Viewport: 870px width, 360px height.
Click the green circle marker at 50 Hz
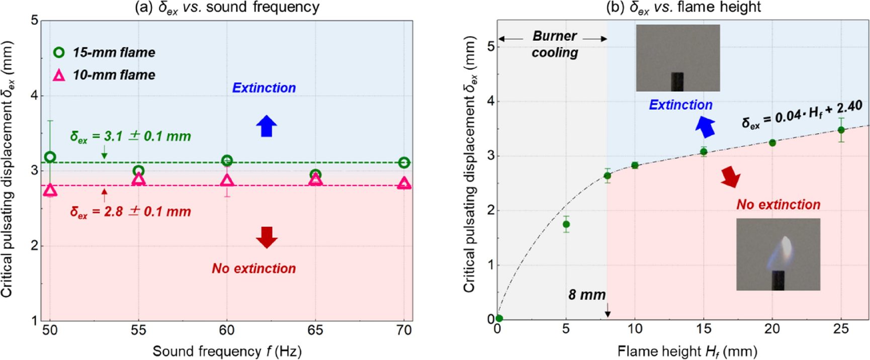pos(50,157)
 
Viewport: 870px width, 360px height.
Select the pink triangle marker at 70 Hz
pos(404,184)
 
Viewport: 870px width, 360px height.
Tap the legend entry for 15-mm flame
pos(104,52)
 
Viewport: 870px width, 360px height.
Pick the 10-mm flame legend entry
pos(104,75)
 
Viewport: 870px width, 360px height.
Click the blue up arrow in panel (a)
pos(267,126)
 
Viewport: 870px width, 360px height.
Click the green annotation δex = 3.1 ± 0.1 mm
pos(131,136)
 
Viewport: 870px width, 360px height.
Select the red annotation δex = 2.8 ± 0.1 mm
pos(131,211)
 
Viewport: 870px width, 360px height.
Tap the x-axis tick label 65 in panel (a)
pos(315,330)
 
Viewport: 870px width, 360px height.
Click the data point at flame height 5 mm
pos(566,224)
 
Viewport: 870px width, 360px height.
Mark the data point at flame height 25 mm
pos(841,130)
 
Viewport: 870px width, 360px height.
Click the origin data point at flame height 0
pos(499,318)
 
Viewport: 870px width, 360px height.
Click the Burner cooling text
pos(555,44)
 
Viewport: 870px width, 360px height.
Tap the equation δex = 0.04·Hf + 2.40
pos(802,115)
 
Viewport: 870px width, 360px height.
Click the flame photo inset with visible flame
pos(778,254)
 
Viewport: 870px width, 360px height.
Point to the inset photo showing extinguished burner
pos(678,58)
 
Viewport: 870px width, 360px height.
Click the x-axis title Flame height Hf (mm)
pos(687,351)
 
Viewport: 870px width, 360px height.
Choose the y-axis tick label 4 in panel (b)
pos(491,102)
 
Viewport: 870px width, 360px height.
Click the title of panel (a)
pos(227,8)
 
